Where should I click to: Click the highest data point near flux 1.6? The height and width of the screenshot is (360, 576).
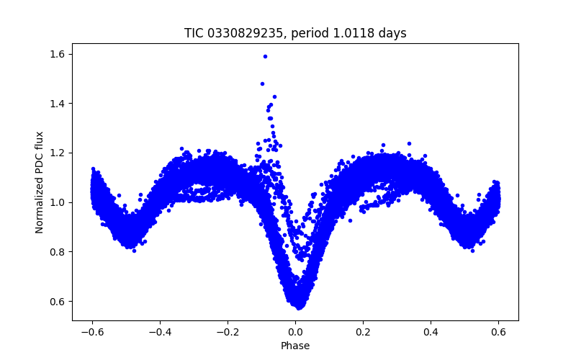[x=265, y=56]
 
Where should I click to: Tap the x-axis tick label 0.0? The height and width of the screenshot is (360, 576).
[x=295, y=333]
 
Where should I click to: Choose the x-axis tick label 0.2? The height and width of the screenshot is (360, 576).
[x=363, y=333]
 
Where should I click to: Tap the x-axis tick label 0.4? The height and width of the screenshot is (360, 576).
[x=431, y=333]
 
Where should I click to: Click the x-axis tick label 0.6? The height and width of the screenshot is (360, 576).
[x=498, y=333]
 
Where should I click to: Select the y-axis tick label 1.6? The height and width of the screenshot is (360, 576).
[x=58, y=54]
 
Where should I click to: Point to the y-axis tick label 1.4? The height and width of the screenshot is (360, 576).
[x=58, y=104]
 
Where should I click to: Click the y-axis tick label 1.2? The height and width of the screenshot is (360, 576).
[x=58, y=153]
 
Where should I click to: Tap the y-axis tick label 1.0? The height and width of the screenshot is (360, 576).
[x=58, y=202]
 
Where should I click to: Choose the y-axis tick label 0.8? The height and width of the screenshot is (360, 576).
[x=58, y=252]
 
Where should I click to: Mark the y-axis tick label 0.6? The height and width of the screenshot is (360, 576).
[x=58, y=301]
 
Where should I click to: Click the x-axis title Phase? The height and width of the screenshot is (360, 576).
[x=295, y=346]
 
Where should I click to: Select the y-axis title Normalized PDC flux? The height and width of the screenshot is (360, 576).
[x=40, y=182]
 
